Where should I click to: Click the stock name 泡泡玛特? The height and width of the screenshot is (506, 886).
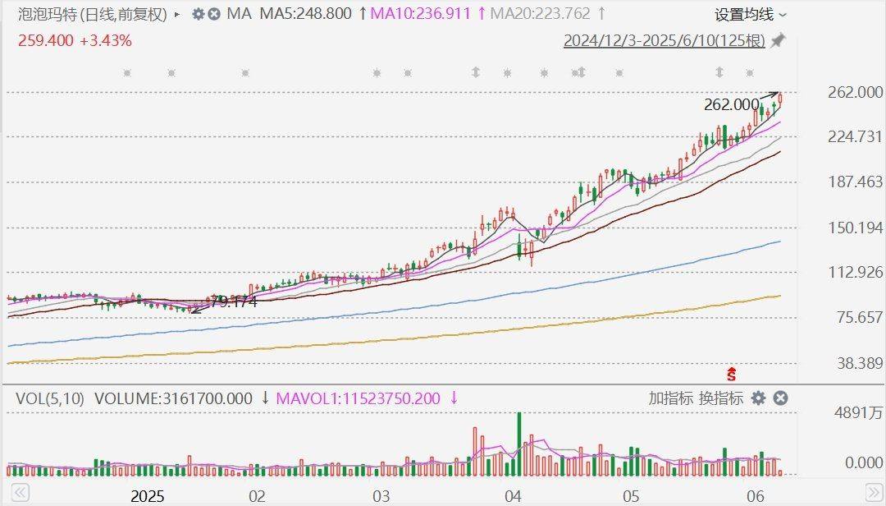(x=45, y=14)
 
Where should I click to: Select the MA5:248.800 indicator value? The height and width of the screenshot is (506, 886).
(x=305, y=14)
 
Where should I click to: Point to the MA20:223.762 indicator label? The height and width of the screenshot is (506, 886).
(x=539, y=14)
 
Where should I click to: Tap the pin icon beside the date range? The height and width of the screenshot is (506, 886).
(x=778, y=40)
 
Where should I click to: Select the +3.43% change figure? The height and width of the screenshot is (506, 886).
(x=105, y=40)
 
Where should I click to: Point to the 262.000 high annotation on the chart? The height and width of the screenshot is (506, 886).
(x=731, y=104)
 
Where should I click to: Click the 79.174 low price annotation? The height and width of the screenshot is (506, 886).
(x=234, y=302)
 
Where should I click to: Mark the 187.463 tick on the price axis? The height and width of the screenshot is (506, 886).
(x=855, y=182)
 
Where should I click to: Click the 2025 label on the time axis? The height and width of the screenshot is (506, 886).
(x=148, y=496)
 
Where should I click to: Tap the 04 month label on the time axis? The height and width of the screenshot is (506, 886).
(x=513, y=496)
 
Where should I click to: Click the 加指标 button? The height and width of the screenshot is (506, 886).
(x=670, y=398)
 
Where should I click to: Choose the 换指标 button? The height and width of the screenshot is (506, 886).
(x=721, y=398)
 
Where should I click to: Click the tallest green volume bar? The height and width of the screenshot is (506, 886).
(x=518, y=444)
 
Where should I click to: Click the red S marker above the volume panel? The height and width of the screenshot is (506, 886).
(x=733, y=375)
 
